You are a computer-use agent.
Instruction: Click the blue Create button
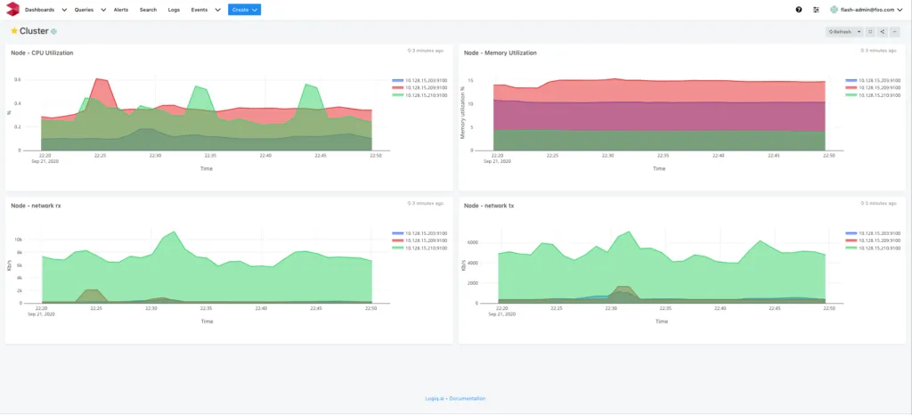pos(244,10)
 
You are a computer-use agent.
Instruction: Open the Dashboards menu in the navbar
pos(45,10)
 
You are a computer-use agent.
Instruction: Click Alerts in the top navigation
pos(121,10)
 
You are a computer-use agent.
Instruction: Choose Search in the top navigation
pos(148,10)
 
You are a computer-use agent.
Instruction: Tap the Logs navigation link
pos(174,10)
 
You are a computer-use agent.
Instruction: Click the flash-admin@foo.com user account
pos(868,10)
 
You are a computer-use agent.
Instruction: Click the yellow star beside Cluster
pos(13,31)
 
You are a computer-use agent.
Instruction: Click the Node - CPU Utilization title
pos(42,53)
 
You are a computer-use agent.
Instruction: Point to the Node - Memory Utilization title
pos(501,53)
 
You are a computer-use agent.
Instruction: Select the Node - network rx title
pos(36,206)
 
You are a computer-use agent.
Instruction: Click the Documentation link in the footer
pos(468,398)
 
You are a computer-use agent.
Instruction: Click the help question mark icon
pos(798,10)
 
